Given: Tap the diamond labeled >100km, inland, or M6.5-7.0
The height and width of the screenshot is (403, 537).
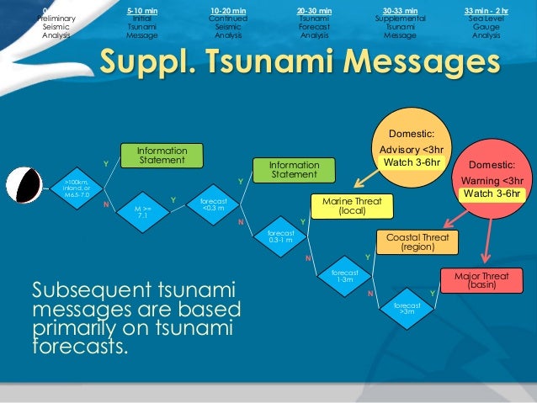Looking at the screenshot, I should (75, 185).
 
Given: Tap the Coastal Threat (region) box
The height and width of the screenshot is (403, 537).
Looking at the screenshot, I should (417, 241).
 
